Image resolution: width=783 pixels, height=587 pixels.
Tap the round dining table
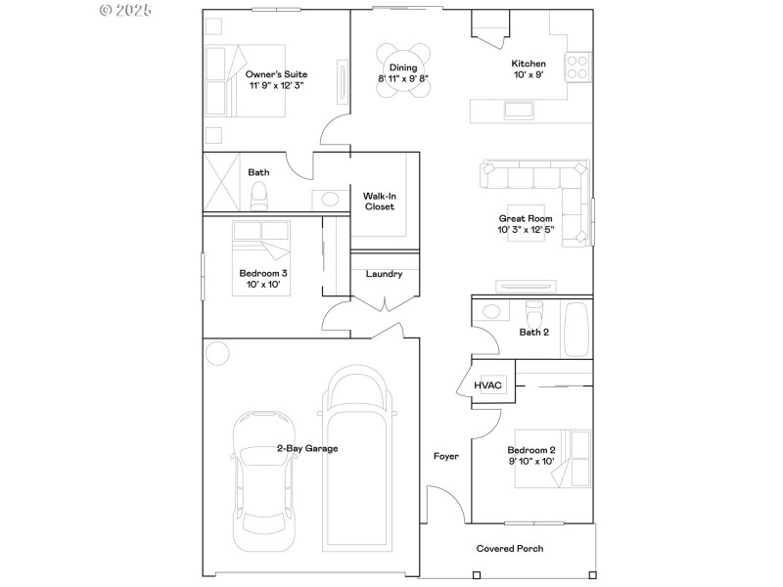pyautogui.click(x=404, y=71)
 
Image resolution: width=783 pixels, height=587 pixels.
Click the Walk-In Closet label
pyautogui.click(x=379, y=201)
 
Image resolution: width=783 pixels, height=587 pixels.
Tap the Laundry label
pyautogui.click(x=384, y=274)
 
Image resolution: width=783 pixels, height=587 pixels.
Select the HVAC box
pyautogui.click(x=488, y=385)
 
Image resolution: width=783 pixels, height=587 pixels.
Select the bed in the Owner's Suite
pyautogui.click(x=245, y=80)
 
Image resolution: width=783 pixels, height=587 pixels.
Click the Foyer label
pyautogui.click(x=446, y=457)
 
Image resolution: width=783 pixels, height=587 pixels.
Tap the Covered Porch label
pyautogui.click(x=509, y=549)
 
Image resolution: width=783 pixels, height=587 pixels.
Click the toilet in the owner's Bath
pyautogui.click(x=259, y=199)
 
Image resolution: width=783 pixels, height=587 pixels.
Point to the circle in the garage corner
pyautogui.click(x=216, y=351)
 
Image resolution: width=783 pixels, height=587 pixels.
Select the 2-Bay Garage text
pyautogui.click(x=307, y=449)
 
